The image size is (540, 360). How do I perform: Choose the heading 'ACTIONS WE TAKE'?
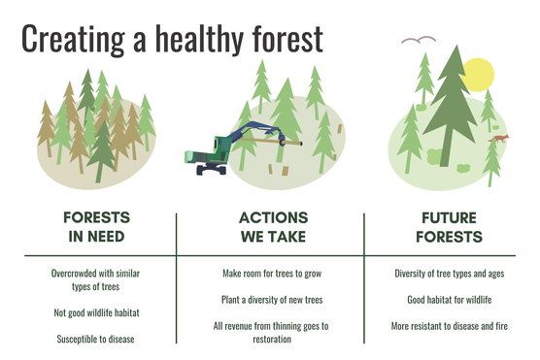click(x=273, y=225)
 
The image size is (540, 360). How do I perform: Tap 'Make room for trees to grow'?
click(x=273, y=274)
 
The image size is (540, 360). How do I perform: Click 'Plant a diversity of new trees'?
click(x=273, y=300)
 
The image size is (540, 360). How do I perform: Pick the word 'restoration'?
click(x=273, y=340)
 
